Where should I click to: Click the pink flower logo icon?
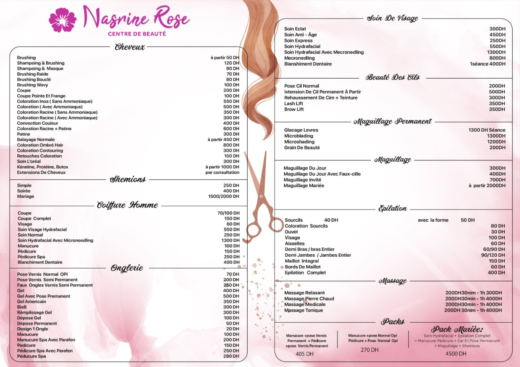63,20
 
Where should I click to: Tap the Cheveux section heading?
130,47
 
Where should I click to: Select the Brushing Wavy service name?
33,85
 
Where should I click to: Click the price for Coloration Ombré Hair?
231,145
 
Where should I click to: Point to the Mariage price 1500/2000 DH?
223,196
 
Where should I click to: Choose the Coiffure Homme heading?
127,205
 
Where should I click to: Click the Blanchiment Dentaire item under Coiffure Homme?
40,262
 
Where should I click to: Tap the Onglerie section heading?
127,268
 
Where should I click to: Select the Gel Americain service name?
32,302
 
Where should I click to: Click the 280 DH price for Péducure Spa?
231,356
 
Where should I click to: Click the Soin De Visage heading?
392,18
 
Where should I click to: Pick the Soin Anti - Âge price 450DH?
497,35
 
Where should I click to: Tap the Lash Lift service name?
294,104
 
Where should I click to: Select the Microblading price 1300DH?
496,136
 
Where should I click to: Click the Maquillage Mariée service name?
304,186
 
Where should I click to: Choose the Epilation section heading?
392,209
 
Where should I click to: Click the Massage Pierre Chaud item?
309,299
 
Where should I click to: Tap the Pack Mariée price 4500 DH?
456,353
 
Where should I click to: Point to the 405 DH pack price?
305,354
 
